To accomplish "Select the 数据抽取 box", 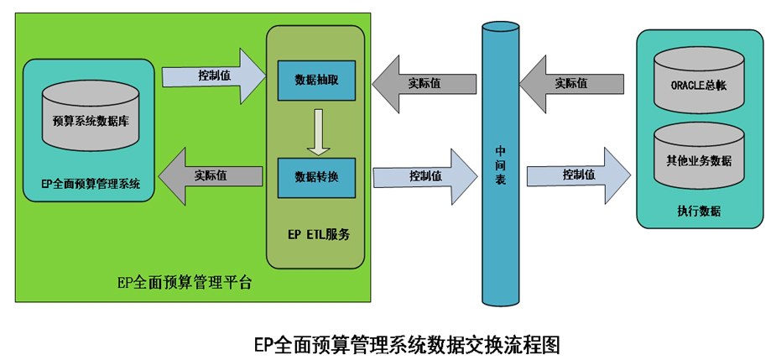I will pyautogui.click(x=316, y=80).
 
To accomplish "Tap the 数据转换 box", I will pyautogui.click(x=316, y=177).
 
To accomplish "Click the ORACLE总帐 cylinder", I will pyautogui.click(x=699, y=82).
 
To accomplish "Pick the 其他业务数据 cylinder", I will pyautogui.click(x=698, y=159).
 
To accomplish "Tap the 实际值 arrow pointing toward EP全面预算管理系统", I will pyautogui.click(x=210, y=175).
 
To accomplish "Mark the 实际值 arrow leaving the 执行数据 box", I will pyautogui.click(x=571, y=83).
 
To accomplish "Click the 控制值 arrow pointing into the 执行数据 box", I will pyautogui.click(x=578, y=175).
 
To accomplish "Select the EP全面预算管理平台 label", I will pyautogui.click(x=184, y=282).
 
